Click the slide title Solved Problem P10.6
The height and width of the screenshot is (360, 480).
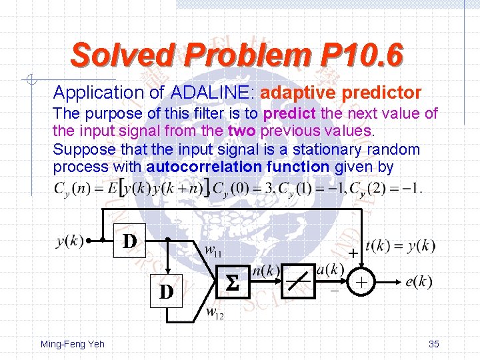237,55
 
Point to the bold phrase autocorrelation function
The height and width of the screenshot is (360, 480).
237,167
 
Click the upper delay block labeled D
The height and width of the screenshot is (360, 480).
131,240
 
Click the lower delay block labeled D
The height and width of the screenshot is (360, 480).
167,291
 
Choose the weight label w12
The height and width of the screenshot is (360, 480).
213,313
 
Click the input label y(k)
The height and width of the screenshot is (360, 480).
71,241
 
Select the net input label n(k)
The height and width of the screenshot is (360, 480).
266,271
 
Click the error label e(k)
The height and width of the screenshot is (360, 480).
419,282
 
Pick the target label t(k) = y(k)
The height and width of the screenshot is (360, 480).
401,246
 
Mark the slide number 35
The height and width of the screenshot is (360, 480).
433,344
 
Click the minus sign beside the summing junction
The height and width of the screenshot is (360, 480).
334,291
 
